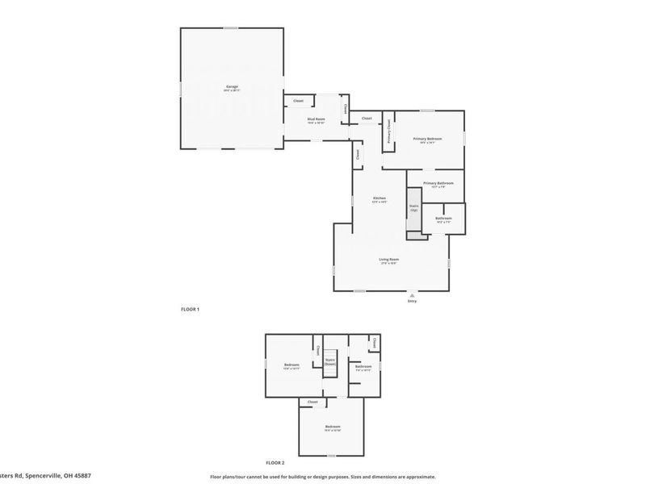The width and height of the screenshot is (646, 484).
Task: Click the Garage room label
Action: [x=232, y=86]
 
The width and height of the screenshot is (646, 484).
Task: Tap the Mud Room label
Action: [x=315, y=119]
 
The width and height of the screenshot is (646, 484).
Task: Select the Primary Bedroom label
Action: [x=428, y=139]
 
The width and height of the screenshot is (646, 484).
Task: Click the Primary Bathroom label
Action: [x=438, y=183]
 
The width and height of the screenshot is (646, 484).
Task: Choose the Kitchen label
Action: [x=379, y=198]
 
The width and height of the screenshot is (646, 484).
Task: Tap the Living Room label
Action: [x=389, y=259]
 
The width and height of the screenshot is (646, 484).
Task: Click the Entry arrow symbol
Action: [x=412, y=295]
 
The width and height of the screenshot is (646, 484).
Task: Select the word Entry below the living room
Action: [x=412, y=302]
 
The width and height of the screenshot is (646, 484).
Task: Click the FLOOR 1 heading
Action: [x=190, y=309]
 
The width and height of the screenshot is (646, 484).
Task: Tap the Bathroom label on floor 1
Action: [x=443, y=218]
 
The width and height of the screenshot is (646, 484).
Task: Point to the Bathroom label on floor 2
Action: [x=363, y=366]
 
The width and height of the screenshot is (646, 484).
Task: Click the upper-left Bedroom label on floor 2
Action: [x=292, y=365]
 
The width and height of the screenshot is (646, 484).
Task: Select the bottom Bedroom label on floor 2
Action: [x=333, y=426]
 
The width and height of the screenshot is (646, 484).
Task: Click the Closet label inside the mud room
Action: [x=298, y=101]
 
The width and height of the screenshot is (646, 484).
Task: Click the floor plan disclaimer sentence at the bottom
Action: [x=322, y=476]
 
